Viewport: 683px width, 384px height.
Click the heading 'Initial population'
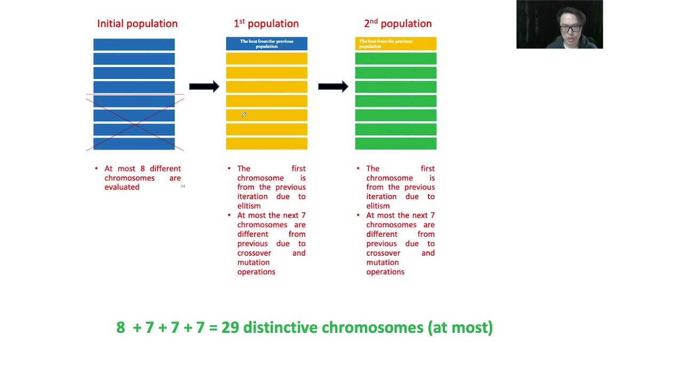coord(137,23)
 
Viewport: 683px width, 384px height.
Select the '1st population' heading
coord(266,23)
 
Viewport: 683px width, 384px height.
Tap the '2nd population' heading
coord(398,23)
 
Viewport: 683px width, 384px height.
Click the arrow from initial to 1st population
coord(204,86)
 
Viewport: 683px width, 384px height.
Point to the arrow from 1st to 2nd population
coord(333,86)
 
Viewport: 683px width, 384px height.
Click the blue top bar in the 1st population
coord(266,44)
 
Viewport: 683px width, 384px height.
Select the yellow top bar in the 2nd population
coord(395,44)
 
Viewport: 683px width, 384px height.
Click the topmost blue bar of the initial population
coord(134,45)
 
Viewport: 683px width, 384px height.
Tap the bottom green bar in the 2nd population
coord(395,143)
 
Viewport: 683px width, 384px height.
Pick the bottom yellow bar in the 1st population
coord(266,143)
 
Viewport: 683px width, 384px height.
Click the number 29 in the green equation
coord(230,327)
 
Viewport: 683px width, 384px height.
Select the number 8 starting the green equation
coord(121,327)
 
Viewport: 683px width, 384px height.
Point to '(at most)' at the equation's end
coord(460,327)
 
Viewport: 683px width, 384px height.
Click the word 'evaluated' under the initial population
coord(122,187)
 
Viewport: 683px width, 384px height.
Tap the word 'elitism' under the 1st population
coord(249,206)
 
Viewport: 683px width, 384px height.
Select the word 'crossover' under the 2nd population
coord(383,253)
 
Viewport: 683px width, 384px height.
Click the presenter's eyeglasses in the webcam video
coord(570,28)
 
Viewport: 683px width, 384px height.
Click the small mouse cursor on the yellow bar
coord(243,114)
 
